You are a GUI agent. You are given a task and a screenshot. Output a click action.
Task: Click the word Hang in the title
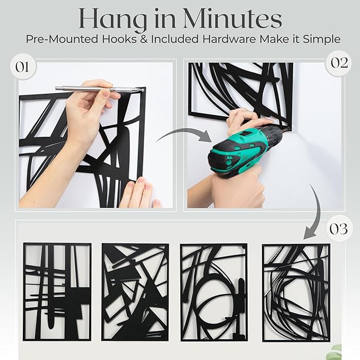[x=110, y=20]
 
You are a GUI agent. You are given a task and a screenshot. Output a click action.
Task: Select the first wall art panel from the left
[x=57, y=292]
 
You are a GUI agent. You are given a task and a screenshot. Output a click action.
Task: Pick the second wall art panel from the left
[x=135, y=292]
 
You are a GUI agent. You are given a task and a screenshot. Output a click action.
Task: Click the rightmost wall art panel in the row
[x=295, y=292]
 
